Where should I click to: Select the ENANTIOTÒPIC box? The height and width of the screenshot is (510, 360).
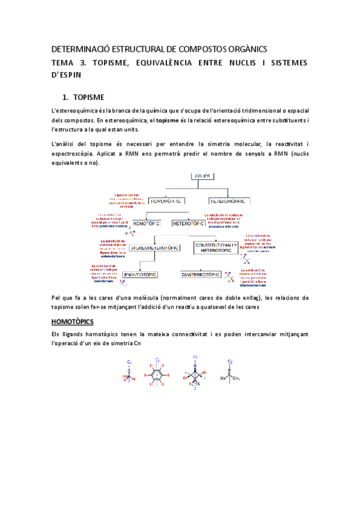140,274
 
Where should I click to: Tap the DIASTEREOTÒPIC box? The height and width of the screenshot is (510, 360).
203,274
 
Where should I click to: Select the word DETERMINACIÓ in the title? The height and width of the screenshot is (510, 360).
85,49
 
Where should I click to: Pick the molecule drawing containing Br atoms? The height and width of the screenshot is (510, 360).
195,377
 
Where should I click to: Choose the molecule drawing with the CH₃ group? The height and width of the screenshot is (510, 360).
230,377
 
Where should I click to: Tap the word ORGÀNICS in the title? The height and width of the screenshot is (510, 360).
245,49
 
